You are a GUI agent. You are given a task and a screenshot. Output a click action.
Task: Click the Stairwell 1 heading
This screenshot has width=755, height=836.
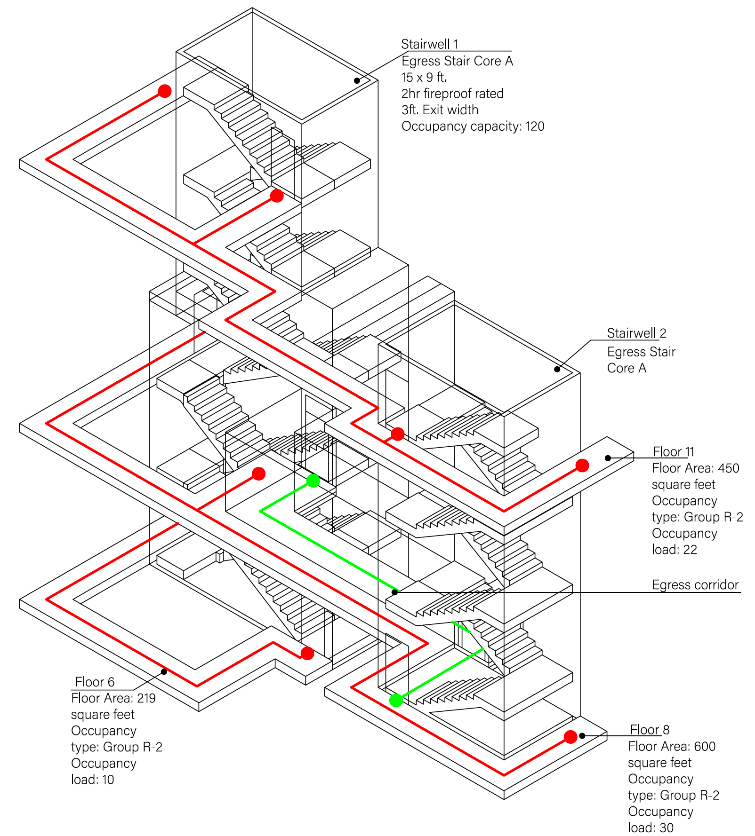coord(430,44)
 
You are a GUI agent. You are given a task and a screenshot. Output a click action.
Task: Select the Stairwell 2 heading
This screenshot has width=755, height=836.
coord(636,333)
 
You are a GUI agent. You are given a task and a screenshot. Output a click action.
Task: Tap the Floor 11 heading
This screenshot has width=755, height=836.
coord(674,452)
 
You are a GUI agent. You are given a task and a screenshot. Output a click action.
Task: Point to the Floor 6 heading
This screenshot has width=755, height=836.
coord(95,682)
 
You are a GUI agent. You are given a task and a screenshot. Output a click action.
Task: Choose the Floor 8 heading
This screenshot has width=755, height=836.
coord(650,730)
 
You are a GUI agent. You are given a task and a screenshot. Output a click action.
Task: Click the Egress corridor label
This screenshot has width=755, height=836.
coord(695,585)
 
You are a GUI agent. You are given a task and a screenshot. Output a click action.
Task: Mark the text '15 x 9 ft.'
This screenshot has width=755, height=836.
coord(424,77)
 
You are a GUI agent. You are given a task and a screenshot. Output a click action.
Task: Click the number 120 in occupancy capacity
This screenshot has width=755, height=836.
coord(535,126)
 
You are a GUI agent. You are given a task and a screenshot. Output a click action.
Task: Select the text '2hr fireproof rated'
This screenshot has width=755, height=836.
coord(452,94)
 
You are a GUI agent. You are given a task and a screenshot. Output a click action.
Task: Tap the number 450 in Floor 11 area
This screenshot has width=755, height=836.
coord(729,468)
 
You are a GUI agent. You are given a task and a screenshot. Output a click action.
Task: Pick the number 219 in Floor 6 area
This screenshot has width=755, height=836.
coord(146,698)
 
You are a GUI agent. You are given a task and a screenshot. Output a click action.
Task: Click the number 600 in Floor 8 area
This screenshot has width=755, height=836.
coord(705,747)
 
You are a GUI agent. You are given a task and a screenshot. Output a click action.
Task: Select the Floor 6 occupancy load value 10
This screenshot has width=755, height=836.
coord(108,780)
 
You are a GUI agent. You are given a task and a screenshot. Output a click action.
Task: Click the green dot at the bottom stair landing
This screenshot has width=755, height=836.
coord(396,701)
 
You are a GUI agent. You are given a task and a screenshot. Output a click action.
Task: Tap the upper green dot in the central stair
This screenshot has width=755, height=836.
coord(313,481)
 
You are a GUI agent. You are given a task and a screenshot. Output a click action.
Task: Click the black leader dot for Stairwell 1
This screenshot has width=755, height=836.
coord(357,81)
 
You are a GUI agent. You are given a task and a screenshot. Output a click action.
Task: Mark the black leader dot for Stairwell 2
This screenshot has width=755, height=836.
coord(557,369)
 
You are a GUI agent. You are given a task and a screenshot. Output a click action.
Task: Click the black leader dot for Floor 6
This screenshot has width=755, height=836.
coord(164,671)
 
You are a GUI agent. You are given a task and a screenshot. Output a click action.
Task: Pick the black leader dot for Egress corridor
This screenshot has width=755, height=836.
coord(394,592)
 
